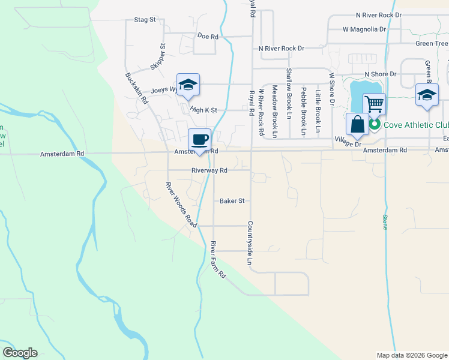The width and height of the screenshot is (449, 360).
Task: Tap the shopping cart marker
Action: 374,104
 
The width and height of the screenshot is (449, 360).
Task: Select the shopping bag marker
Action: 357,124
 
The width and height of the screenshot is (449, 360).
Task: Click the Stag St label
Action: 145,20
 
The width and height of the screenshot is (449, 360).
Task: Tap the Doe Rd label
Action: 207,36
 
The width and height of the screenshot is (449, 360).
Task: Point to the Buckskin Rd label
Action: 136,89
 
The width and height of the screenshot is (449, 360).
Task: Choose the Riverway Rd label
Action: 209,170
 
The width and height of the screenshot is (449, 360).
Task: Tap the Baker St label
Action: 231,201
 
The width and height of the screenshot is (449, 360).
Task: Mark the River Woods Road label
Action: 182,204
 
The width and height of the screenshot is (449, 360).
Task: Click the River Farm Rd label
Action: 218,260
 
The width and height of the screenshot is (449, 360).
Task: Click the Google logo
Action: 20,353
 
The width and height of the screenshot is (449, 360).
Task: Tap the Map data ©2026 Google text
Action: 411,355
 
